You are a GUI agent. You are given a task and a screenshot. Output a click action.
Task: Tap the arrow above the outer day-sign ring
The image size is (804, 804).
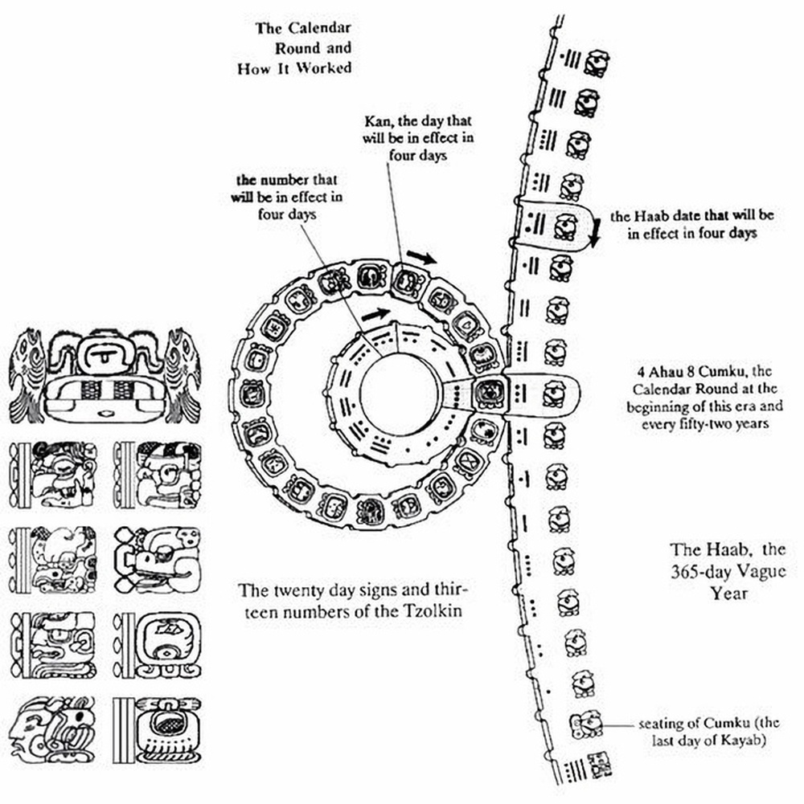tap(421, 258)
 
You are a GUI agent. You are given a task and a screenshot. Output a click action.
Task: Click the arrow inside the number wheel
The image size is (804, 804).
tap(375, 314)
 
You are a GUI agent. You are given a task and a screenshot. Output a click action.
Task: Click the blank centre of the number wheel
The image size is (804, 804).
tap(400, 394)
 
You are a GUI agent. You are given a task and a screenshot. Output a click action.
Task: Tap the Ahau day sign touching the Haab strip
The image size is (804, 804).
tap(486, 394)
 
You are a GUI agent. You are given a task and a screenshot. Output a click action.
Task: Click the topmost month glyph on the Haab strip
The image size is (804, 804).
tap(596, 62)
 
